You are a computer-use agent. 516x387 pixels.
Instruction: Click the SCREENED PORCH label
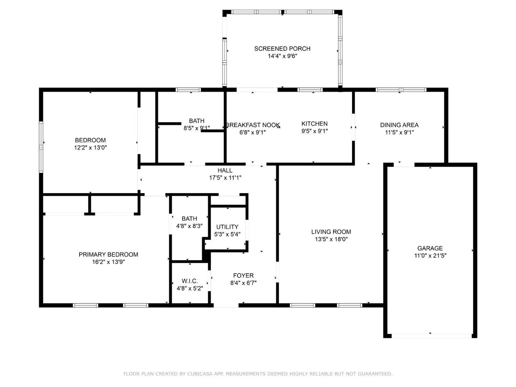click(282, 49)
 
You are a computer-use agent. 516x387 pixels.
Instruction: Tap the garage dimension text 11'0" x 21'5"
click(430, 256)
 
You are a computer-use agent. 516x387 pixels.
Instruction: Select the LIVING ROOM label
click(331, 232)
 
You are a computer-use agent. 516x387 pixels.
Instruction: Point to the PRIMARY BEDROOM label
click(108, 254)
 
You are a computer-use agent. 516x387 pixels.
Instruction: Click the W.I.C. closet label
click(190, 281)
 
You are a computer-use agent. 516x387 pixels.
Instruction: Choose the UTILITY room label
click(227, 227)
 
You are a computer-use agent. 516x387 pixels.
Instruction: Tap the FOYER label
click(243, 276)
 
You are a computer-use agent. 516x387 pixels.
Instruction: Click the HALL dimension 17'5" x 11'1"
click(225, 178)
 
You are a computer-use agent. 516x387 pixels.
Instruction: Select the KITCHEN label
click(315, 124)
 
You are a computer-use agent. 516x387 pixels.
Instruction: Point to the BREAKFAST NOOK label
click(253, 125)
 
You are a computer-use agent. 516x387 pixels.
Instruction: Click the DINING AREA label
click(399, 125)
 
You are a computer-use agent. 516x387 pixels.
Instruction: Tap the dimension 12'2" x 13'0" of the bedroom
click(90, 148)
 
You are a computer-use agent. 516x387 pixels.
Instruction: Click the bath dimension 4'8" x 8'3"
click(189, 226)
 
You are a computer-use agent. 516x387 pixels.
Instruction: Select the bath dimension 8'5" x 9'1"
click(197, 128)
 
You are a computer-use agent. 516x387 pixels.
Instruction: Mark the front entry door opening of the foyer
click(226, 305)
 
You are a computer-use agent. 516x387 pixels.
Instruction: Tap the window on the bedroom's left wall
click(41, 147)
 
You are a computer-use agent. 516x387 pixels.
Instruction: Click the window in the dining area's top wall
click(401, 90)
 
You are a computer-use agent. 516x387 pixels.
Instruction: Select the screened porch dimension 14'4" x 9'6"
click(282, 56)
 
